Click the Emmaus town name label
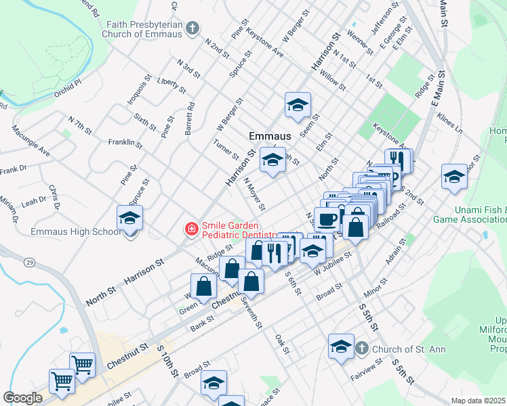270,136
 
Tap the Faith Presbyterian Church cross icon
193,28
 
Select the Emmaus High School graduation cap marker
129,218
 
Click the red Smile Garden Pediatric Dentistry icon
192,230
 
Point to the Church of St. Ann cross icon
362,348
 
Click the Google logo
22,398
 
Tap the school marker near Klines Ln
453,177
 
